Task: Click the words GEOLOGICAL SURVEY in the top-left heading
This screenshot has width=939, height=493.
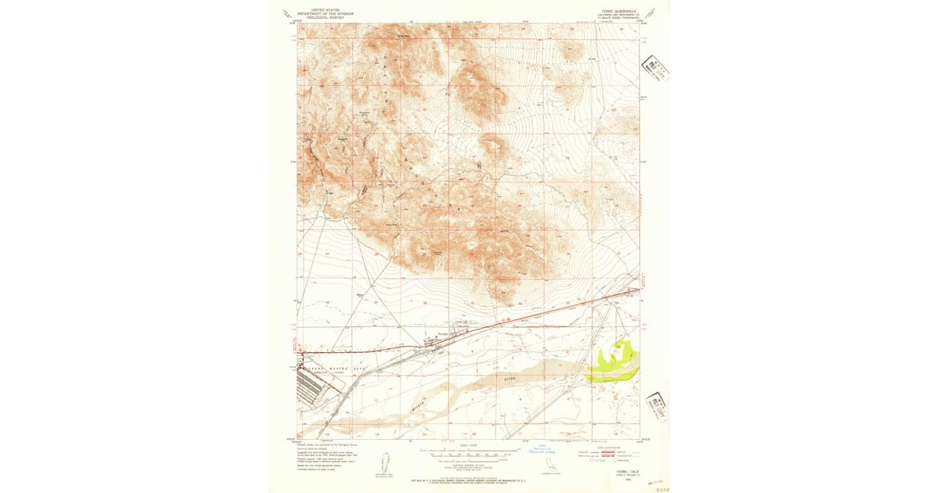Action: pos(327,16)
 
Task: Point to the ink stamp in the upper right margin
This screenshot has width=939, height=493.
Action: pos(656,70)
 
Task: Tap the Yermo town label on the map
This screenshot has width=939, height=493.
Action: pos(440,334)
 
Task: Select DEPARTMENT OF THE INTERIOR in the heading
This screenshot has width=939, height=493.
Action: pos(327,13)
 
